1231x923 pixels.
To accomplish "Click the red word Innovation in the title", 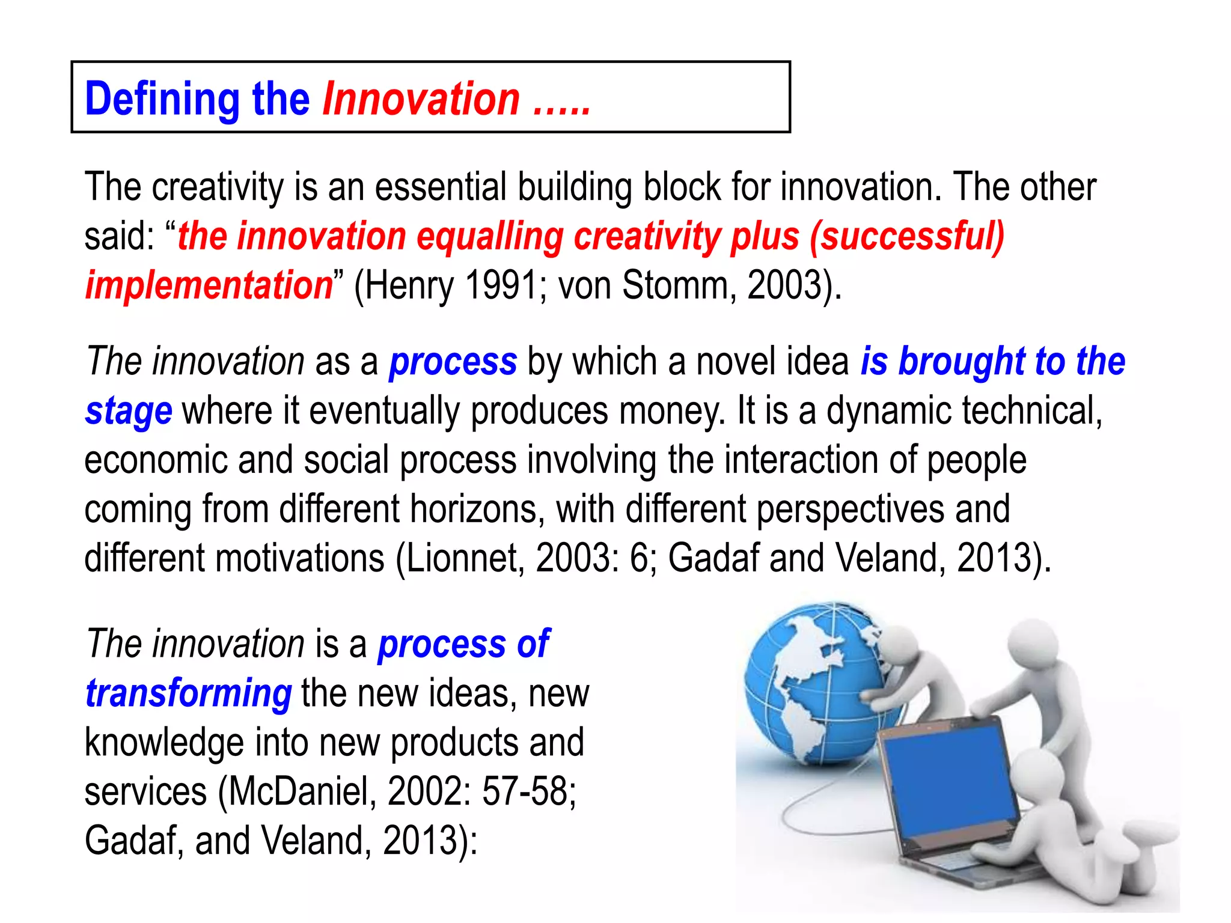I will click(421, 99).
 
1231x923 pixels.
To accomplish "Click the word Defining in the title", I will click(162, 100).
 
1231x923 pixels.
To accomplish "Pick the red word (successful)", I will click(906, 236).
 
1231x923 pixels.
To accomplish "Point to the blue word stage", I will click(129, 411).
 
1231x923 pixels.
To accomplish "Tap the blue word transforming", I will click(189, 693).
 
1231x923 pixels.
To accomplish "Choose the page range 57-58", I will click(528, 791).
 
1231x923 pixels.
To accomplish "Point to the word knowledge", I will click(164, 743).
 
